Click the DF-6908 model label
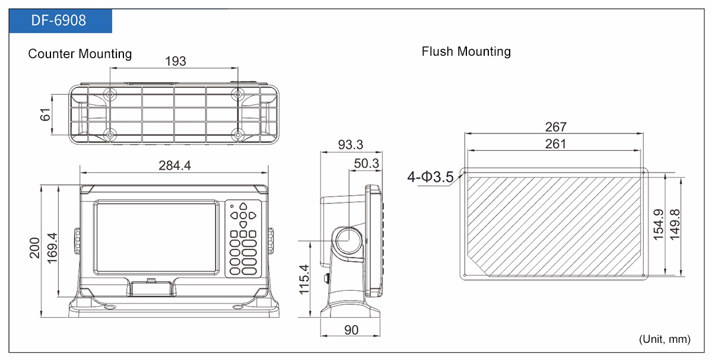[59, 21]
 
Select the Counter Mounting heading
[80, 54]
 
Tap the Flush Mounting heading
[466, 52]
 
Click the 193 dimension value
[175, 61]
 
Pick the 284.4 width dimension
[174, 165]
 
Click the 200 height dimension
[35, 247]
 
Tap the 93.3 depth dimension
[351, 145]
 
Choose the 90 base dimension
[351, 330]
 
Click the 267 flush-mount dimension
[555, 127]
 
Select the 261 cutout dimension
[555, 144]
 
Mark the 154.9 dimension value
[658, 225]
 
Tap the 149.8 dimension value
[675, 225]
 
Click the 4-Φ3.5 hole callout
[430, 177]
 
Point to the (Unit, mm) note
[665, 339]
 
